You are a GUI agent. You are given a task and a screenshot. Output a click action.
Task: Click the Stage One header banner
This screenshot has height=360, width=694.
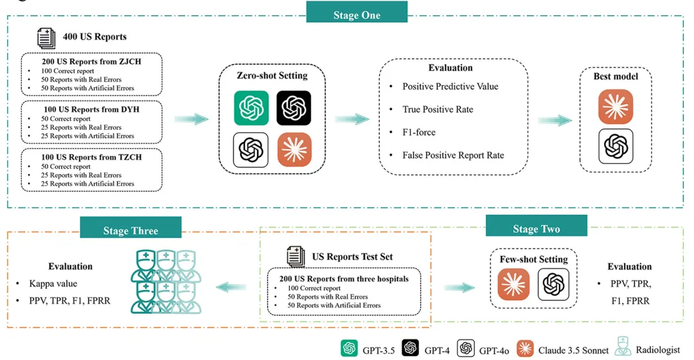[x=357, y=12]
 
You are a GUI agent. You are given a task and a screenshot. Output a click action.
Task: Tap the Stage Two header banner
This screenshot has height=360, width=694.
[x=537, y=226]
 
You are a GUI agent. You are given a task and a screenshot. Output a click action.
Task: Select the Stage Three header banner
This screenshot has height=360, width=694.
[x=130, y=228]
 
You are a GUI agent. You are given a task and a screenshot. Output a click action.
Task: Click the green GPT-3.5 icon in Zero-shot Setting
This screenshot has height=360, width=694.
[x=251, y=108]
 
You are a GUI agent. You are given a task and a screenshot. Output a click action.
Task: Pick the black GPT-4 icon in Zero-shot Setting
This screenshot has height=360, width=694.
[x=294, y=108]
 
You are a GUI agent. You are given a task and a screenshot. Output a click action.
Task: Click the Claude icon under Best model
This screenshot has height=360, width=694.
[x=616, y=107]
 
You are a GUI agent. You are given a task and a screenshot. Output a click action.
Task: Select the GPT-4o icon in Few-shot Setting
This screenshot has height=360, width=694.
[x=553, y=284]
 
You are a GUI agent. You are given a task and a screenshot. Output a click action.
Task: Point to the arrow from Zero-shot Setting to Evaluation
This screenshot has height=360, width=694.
[x=352, y=119]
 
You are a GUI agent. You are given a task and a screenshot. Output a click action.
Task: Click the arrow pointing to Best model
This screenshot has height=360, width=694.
[x=555, y=120]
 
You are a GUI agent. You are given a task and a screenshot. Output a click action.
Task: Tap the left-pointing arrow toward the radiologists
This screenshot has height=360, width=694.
[x=231, y=287]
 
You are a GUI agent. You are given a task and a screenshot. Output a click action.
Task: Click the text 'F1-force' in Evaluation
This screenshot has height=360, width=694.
[x=419, y=132]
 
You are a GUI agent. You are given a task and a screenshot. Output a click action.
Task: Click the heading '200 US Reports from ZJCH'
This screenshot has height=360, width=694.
[x=92, y=62]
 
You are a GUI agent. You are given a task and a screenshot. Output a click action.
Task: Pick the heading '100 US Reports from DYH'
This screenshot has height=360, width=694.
[x=92, y=109]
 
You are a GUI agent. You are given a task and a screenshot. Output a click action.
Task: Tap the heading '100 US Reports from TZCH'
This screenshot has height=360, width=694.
[x=92, y=157]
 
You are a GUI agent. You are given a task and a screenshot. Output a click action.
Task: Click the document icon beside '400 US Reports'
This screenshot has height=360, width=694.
[x=46, y=38]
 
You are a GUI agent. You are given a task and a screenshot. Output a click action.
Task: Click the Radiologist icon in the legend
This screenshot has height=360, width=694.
[x=623, y=346]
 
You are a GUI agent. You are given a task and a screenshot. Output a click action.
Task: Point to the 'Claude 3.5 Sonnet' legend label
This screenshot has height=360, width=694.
[x=573, y=350]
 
